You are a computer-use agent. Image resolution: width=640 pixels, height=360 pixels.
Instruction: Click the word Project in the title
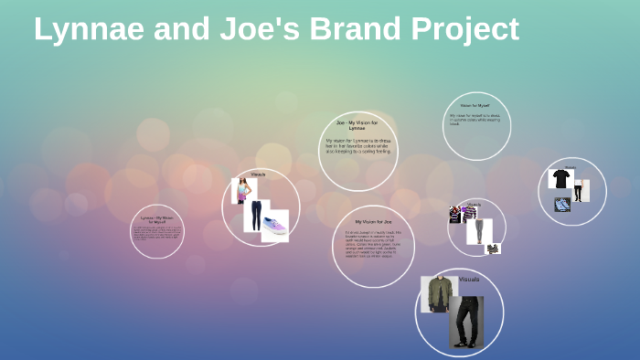(465, 31)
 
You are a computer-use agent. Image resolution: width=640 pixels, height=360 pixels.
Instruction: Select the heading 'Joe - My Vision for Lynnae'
(357, 125)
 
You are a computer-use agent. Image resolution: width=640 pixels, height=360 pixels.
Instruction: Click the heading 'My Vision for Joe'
(373, 222)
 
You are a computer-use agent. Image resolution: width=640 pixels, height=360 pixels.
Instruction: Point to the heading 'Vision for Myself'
(475, 105)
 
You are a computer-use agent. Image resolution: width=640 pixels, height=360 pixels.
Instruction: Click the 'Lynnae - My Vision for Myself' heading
(157, 219)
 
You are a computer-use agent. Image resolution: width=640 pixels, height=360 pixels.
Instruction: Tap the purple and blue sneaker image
(275, 226)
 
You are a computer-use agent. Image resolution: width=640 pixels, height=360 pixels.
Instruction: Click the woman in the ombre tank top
(242, 190)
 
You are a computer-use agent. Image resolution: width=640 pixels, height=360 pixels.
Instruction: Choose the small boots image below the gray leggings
(493, 249)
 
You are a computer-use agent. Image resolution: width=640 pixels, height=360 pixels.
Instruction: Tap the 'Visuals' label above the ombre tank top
(258, 174)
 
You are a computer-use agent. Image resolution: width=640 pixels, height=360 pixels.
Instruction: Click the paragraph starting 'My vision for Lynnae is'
(357, 146)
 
